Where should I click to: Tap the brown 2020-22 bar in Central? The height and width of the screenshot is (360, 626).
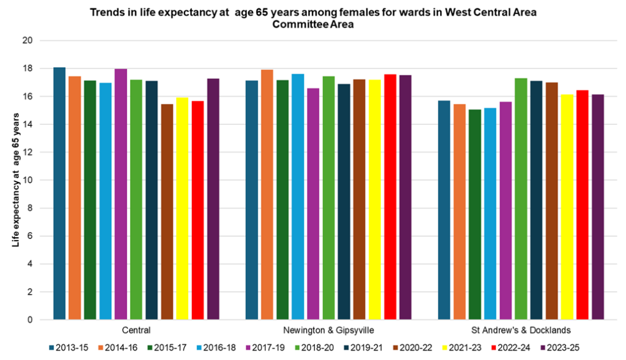pyautogui.click(x=167, y=211)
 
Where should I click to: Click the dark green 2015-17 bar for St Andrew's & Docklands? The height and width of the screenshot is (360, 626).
pyautogui.click(x=474, y=215)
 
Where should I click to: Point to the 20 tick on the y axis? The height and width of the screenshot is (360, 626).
pyautogui.click(x=27, y=41)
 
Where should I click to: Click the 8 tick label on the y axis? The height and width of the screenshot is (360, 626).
pyautogui.click(x=29, y=208)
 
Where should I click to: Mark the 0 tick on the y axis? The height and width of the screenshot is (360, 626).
pyautogui.click(x=29, y=320)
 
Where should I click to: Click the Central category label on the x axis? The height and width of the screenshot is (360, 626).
pyautogui.click(x=136, y=330)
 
